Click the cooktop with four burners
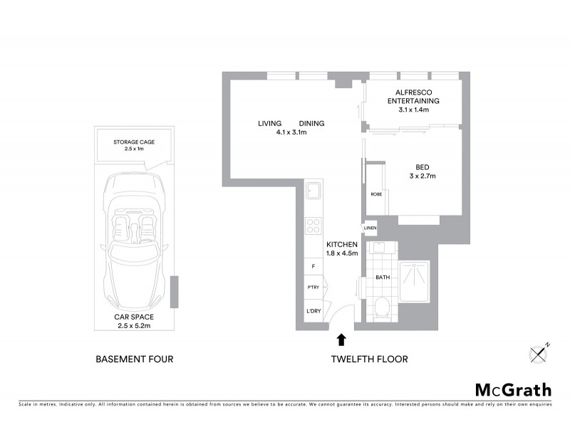pos(313,226)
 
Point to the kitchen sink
pos(313,191)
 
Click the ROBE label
pos(375,194)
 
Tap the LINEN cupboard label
pos(370,228)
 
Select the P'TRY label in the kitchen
pos(312,288)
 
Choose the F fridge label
pos(312,266)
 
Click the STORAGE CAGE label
pos(134,142)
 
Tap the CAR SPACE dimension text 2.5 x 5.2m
pos(134,326)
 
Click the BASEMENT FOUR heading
pos(134,359)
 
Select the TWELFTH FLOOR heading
pos(369,359)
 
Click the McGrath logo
pos(513,389)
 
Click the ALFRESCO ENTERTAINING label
pos(413,97)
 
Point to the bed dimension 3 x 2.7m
pos(423,176)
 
